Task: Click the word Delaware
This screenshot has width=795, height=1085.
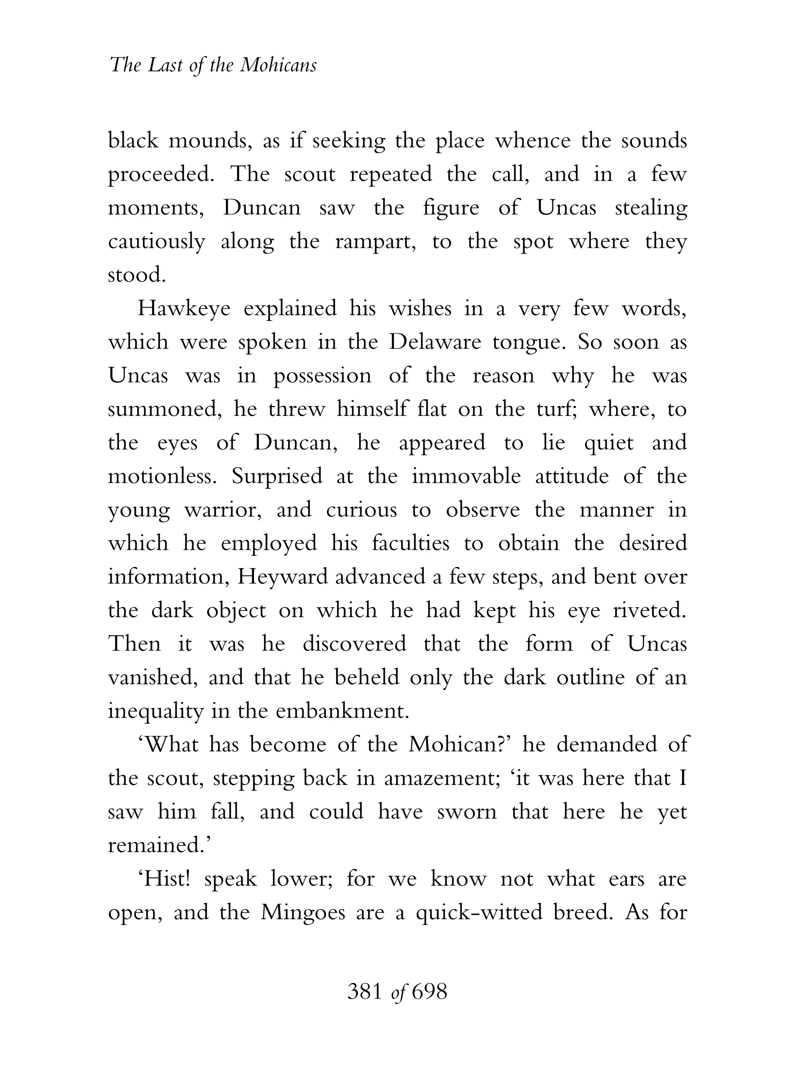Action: pyautogui.click(x=434, y=342)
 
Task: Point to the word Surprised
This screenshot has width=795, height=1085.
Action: pyautogui.click(x=277, y=476)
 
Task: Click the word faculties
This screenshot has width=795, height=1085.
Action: pyautogui.click(x=410, y=543)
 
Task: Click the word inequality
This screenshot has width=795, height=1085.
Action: pyautogui.click(x=155, y=711)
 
